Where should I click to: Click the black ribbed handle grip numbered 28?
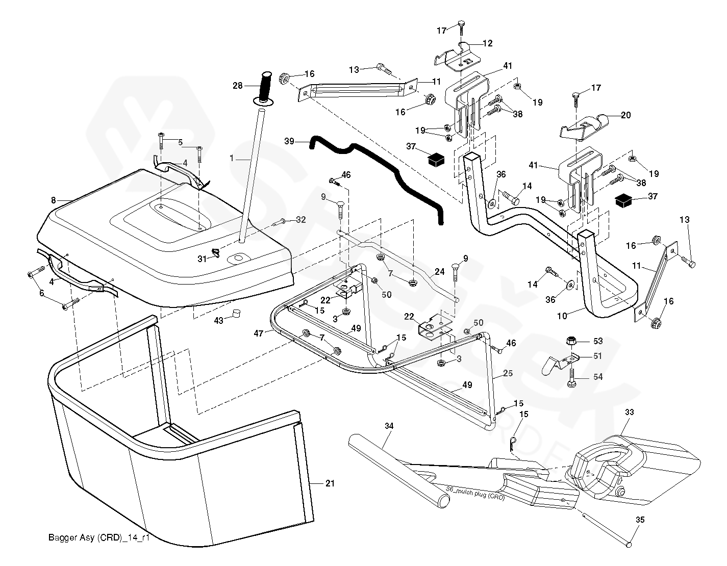266,86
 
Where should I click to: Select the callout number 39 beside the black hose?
289,141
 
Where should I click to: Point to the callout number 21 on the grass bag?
330,483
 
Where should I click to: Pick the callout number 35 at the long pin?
640,521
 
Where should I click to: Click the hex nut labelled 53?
571,340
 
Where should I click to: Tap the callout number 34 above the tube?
389,425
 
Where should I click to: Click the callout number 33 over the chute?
629,413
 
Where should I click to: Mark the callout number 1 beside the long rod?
232,159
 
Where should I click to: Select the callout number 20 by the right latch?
625,115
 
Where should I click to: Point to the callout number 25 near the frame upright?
508,374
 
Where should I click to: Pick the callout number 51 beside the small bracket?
597,356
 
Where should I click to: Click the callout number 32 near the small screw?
301,220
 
